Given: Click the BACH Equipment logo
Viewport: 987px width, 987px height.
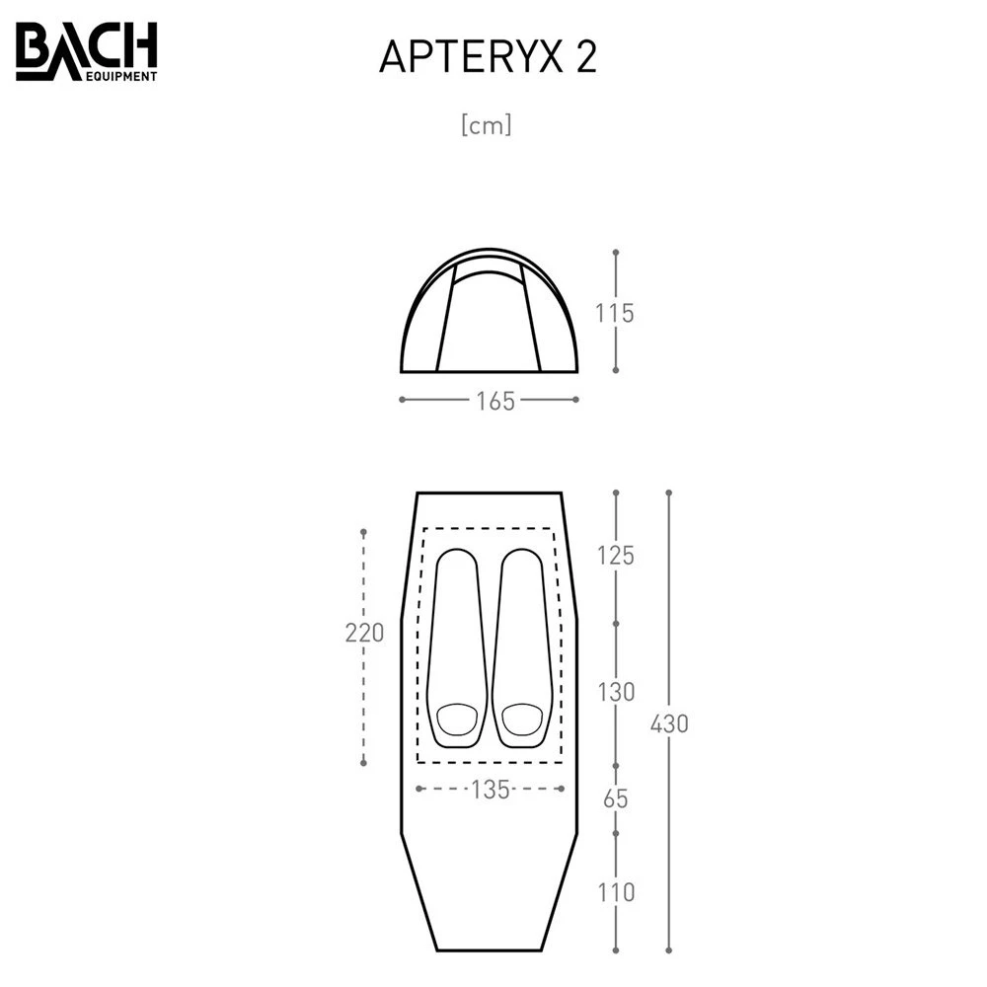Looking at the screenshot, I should tap(86, 53).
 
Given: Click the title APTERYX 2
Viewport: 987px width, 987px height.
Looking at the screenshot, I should tap(488, 59).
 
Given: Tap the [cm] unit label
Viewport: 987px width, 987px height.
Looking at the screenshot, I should tap(486, 126).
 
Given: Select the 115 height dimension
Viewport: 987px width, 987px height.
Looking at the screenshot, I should tap(615, 313).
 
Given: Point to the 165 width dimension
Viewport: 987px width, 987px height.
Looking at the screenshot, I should tap(489, 401).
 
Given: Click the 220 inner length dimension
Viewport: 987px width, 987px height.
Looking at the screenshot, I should tap(364, 633).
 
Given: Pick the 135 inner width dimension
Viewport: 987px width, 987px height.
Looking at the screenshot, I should tap(490, 790).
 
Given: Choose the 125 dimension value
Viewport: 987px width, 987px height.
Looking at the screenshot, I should tap(615, 556).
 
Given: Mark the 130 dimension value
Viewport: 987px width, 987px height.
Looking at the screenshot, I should tap(615, 692).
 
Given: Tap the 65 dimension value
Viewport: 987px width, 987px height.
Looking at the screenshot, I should tap(615, 798).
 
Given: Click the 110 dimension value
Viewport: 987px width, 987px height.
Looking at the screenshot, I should tap(615, 893).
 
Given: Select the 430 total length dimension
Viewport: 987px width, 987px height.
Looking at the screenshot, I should tap(669, 723).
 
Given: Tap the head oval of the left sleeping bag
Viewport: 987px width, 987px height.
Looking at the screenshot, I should tap(456, 719).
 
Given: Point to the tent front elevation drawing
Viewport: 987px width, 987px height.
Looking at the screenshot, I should tap(489, 311).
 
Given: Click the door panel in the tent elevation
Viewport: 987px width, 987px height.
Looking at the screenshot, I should tap(489, 321).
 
